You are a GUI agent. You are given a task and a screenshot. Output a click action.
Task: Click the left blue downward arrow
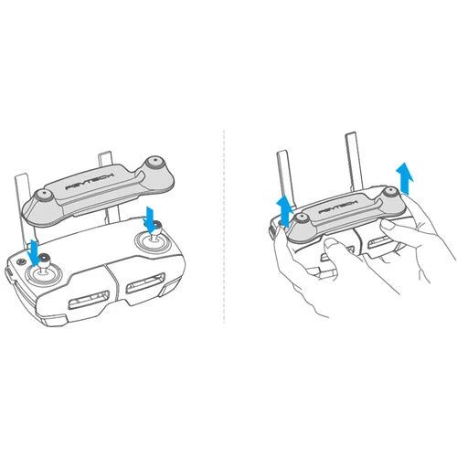coord(35,249)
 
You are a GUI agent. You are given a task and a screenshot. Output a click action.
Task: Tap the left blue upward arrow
coord(282,208)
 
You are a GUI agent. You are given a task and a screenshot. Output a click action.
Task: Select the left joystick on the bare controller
coord(40,272)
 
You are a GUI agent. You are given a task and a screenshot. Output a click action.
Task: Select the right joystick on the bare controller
coord(152,239)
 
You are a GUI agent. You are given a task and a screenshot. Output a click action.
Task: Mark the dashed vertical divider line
coord(225,228)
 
